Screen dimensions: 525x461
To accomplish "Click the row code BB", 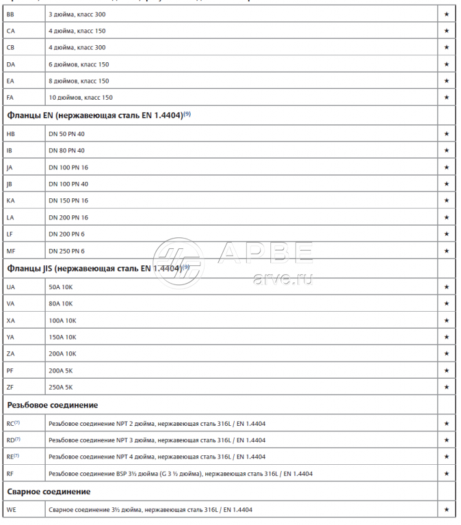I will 10,14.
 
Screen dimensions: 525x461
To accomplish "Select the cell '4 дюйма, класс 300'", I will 77,48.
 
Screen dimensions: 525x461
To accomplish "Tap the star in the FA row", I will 446,98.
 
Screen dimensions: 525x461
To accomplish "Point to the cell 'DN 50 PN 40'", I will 66,134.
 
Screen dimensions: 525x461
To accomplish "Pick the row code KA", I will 10,201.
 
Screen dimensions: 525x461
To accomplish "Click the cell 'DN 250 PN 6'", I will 66,252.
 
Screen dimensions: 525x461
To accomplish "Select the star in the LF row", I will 446,234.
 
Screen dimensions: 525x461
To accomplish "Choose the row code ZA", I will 10,354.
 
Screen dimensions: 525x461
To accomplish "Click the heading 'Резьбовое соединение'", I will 52,405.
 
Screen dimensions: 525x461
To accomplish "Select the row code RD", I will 12,440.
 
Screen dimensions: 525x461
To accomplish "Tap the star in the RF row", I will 446,474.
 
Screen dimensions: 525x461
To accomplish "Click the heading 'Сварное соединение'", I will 49,492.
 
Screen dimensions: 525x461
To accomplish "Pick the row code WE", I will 11,510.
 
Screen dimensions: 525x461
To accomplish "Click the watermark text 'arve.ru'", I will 282,280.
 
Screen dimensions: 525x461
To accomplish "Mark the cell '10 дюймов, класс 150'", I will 80,98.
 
